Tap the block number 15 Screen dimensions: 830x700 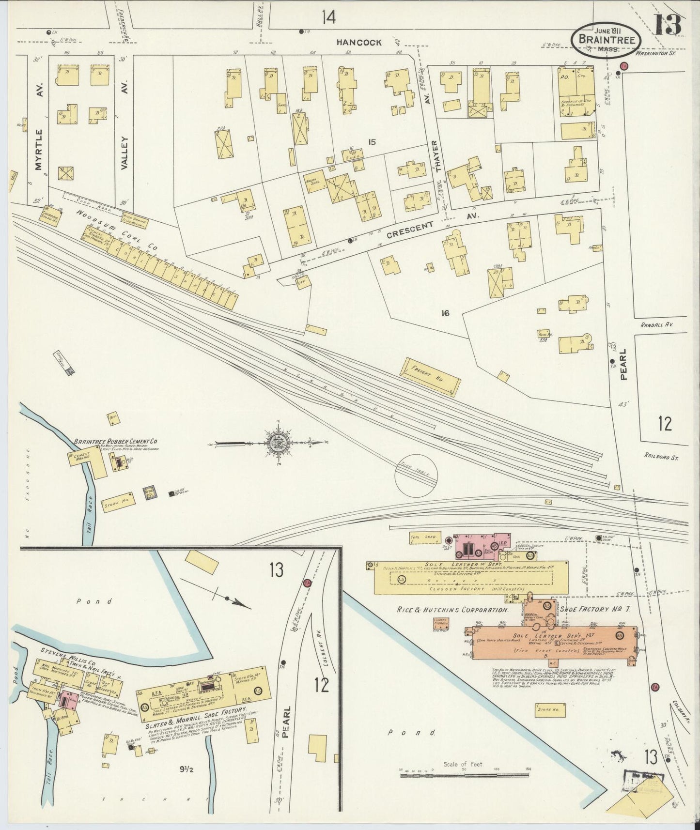pyautogui.click(x=372, y=142)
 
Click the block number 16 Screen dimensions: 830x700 pyautogui.click(x=445, y=313)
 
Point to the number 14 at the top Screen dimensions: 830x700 pyautogui.click(x=327, y=18)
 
